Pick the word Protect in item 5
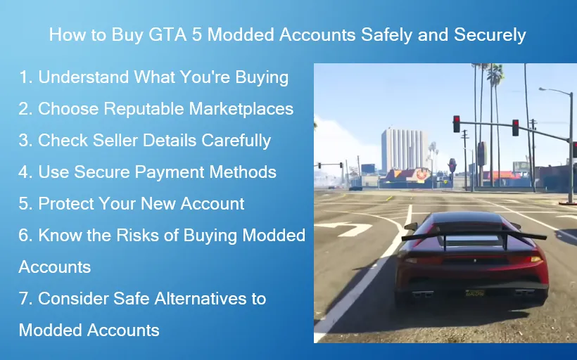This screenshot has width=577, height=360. point(67,204)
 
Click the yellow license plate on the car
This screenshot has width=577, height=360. point(476,292)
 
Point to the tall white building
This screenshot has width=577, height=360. point(403,149)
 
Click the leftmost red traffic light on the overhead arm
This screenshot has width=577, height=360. point(457,123)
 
